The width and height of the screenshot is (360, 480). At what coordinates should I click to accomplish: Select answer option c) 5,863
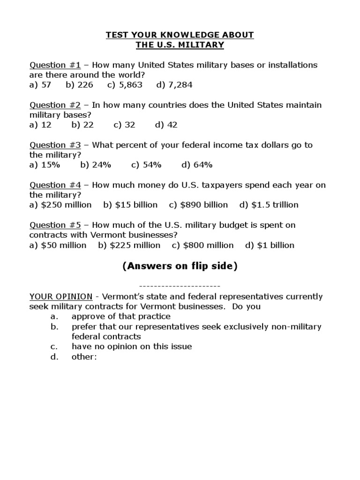click(125, 85)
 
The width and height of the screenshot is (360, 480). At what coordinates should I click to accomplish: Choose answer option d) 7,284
click(174, 85)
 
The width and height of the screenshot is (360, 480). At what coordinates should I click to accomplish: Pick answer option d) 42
click(166, 125)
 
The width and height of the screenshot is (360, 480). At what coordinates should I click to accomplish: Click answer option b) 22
click(82, 125)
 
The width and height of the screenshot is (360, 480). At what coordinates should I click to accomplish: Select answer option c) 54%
click(146, 165)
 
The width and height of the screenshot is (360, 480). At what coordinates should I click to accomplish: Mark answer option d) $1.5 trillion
click(269, 205)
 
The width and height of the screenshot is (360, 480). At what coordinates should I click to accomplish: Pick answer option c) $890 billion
click(198, 205)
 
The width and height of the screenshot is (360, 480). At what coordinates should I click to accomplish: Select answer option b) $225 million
click(129, 245)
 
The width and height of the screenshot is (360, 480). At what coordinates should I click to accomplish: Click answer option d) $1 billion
click(270, 245)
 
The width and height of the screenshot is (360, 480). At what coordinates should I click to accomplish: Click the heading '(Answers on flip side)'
click(180, 266)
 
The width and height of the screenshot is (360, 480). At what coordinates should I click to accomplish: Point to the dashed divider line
click(180, 285)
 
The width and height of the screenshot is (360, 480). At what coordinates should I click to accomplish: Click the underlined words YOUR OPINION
click(61, 297)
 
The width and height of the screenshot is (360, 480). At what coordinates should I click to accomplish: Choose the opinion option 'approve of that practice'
click(121, 316)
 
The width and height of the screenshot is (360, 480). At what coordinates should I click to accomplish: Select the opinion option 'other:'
click(84, 357)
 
